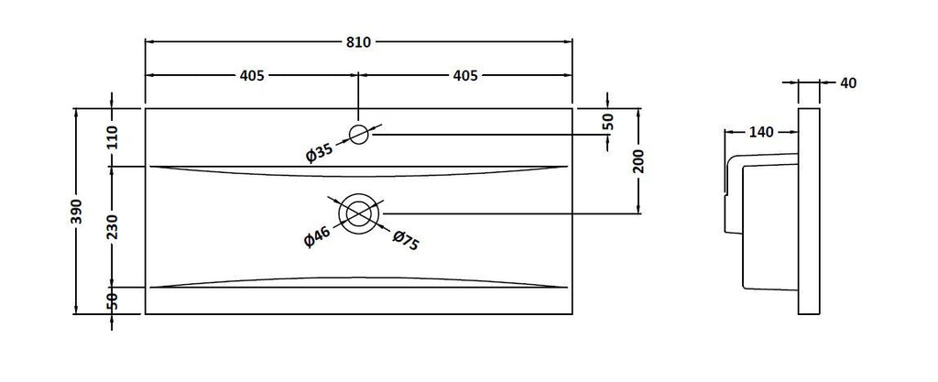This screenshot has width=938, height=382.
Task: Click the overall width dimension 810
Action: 358,42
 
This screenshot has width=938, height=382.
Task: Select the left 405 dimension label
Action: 252,76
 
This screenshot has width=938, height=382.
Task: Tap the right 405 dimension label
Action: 465,76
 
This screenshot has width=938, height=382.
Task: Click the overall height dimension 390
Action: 78,212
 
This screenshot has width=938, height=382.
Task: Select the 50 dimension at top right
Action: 607,121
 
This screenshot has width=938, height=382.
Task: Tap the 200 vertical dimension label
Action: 638,160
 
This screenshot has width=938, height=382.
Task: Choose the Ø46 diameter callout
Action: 318,237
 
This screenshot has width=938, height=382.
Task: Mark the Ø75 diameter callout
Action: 406,240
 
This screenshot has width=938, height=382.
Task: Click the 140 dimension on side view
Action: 761,132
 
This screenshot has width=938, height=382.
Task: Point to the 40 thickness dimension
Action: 848,83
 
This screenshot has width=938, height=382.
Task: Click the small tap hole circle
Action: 358,135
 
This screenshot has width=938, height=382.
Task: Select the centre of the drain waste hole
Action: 358,213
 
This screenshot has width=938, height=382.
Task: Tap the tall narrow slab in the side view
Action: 809,211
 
